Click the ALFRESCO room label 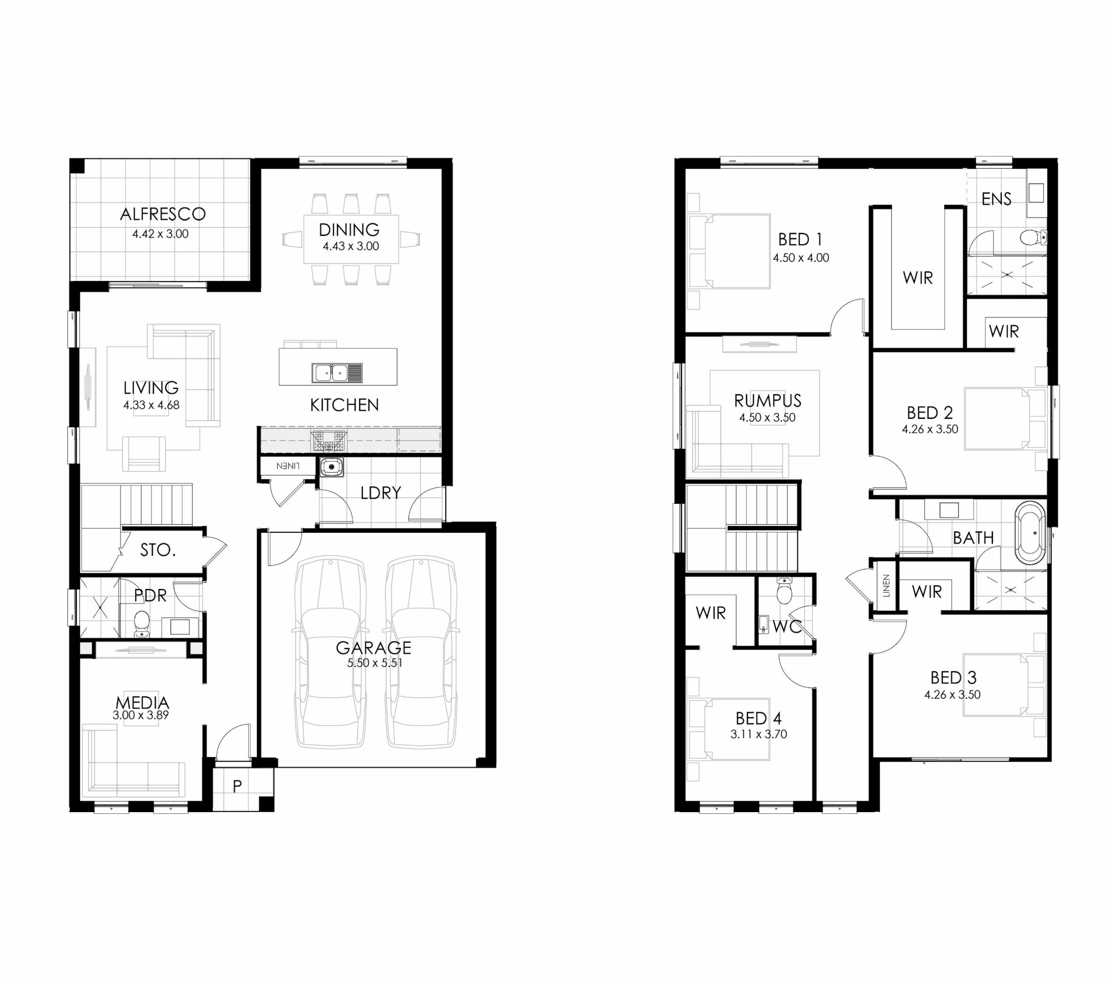click(163, 214)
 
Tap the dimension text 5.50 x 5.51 click(375, 663)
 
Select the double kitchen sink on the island click(337, 373)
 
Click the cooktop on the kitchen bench click(329, 440)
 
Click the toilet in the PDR click(142, 623)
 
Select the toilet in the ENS click(1033, 237)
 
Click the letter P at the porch click(237, 786)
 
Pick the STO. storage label click(158, 550)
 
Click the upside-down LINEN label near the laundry click(288, 466)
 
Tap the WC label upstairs click(787, 627)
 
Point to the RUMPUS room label click(768, 401)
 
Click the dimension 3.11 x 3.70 click(759, 734)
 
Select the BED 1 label click(800, 239)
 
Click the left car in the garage click(330, 651)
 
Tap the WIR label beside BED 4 click(711, 613)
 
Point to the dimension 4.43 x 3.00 click(351, 246)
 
